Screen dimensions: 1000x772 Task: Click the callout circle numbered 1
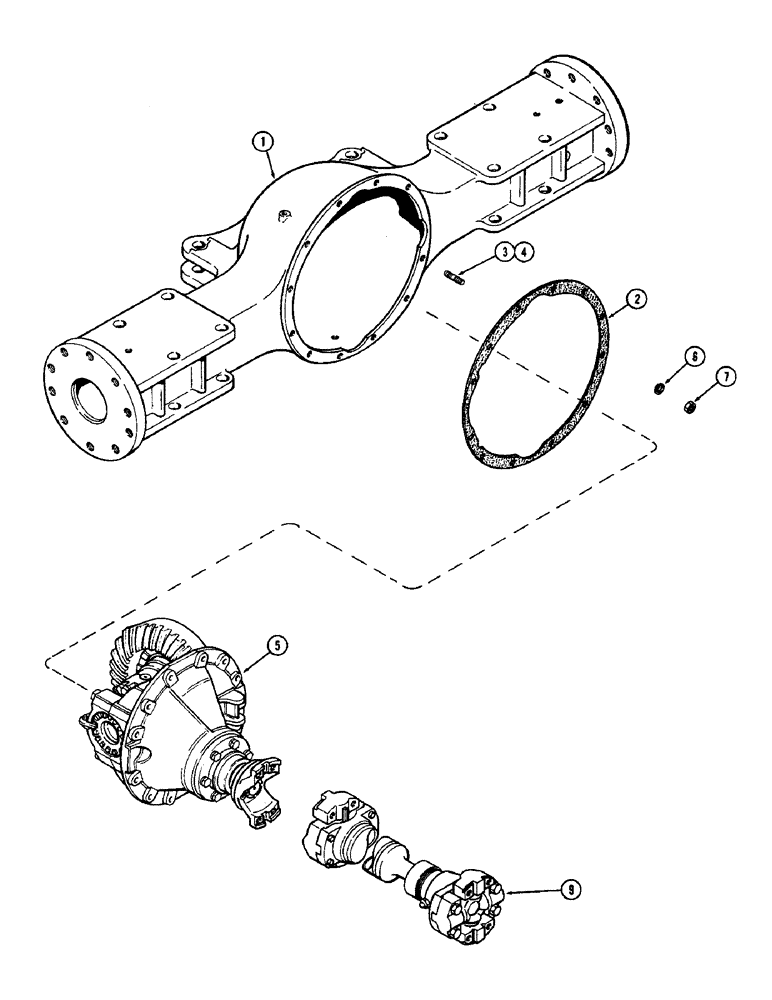(264, 142)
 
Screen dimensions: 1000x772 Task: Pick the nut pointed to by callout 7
(689, 408)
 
